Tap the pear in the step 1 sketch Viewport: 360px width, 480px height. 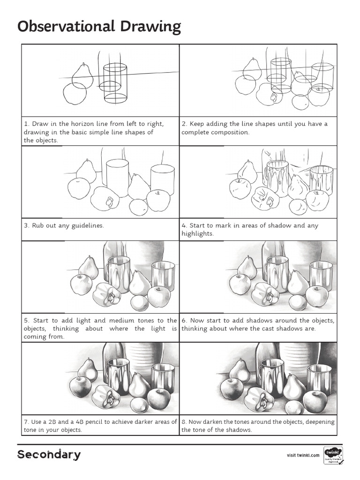(83, 74)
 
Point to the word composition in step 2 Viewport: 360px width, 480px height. (229, 132)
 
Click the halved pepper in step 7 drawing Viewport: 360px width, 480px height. (107, 396)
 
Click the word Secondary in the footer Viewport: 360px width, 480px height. (49, 455)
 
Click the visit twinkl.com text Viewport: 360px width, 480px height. (303, 455)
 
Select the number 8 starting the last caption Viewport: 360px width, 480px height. (183, 422)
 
